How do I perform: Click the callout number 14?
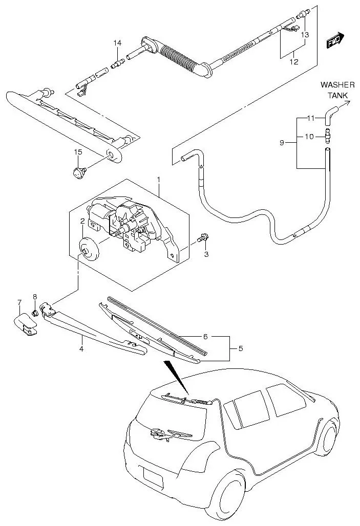(x=117, y=43)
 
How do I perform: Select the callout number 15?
(x=78, y=152)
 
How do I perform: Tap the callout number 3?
(x=206, y=254)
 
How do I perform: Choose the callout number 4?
(x=81, y=349)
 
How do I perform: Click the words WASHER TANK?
(x=334, y=90)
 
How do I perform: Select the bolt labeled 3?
(x=204, y=238)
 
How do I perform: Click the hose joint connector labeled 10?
(x=327, y=136)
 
